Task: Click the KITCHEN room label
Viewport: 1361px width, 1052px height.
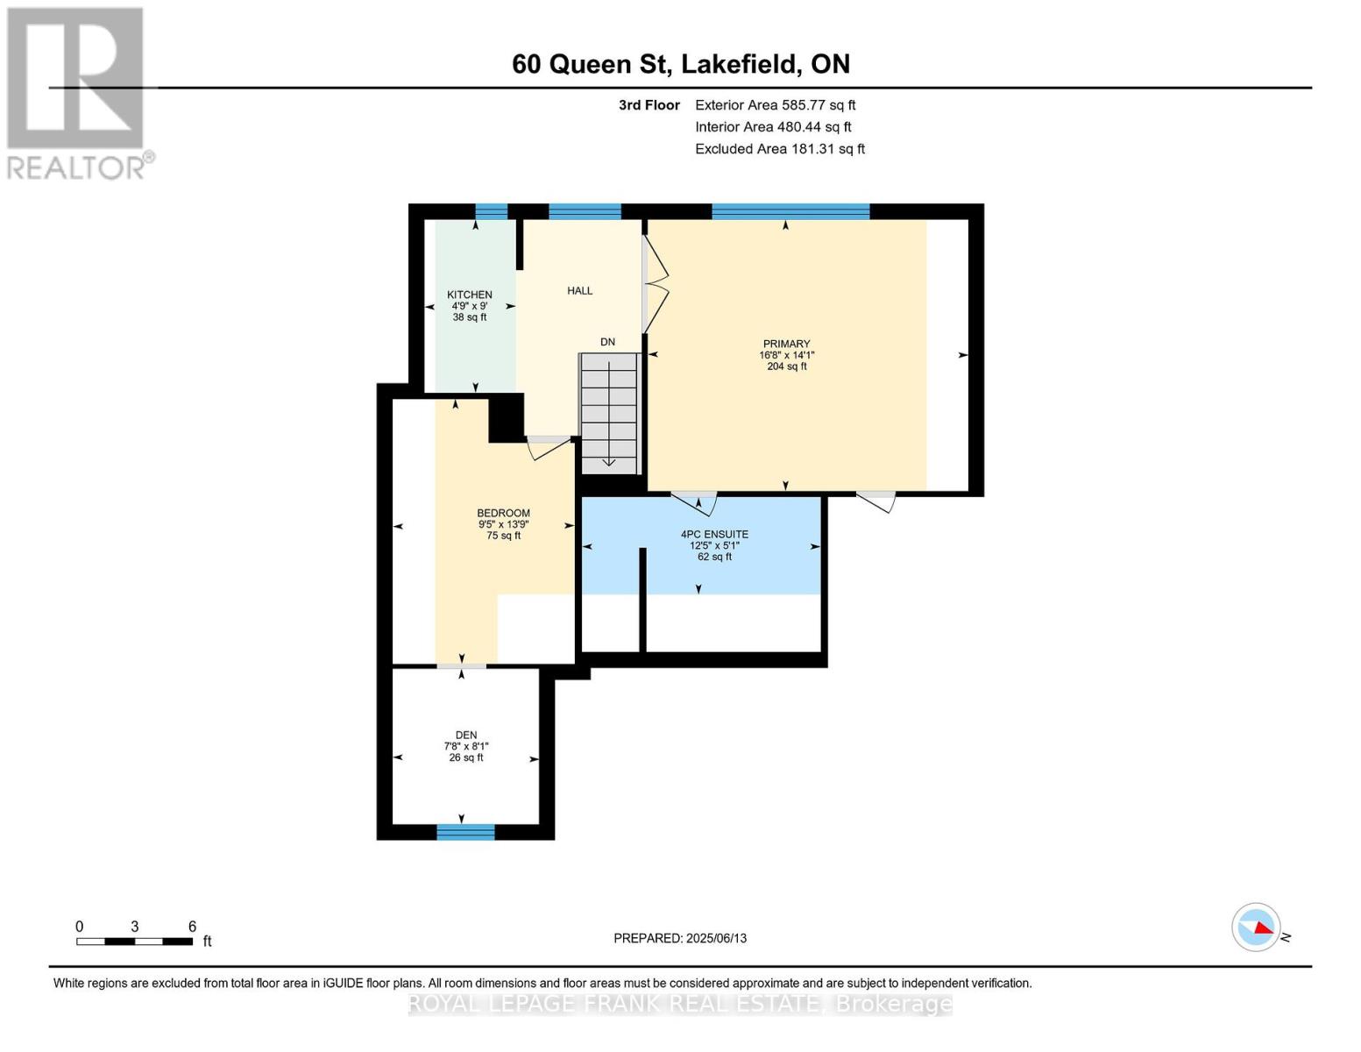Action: [x=469, y=295]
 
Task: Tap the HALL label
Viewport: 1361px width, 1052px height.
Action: [x=579, y=291]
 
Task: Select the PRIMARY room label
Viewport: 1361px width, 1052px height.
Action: [x=786, y=345]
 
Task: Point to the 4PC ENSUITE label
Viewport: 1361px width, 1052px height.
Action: [x=714, y=534]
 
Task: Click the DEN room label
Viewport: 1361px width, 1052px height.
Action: [x=465, y=736]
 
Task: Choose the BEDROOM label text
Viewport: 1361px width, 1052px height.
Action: [x=503, y=514]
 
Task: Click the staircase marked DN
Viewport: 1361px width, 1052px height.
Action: [x=609, y=412]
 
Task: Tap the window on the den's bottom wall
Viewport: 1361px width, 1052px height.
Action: [x=465, y=832]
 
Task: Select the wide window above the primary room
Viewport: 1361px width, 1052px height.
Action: [x=790, y=211]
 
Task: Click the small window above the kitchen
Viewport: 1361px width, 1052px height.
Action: [x=491, y=211]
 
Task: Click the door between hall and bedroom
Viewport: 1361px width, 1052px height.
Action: [x=549, y=446]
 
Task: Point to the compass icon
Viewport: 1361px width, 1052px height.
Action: [x=1256, y=927]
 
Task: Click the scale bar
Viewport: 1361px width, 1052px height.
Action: [x=134, y=942]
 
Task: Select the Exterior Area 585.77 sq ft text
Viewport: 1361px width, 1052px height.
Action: [x=775, y=105]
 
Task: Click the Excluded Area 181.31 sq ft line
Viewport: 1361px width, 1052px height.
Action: [x=779, y=149]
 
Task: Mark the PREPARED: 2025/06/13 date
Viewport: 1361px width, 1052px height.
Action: [x=680, y=938]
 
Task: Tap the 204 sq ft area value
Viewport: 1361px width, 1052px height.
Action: [x=786, y=366]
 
